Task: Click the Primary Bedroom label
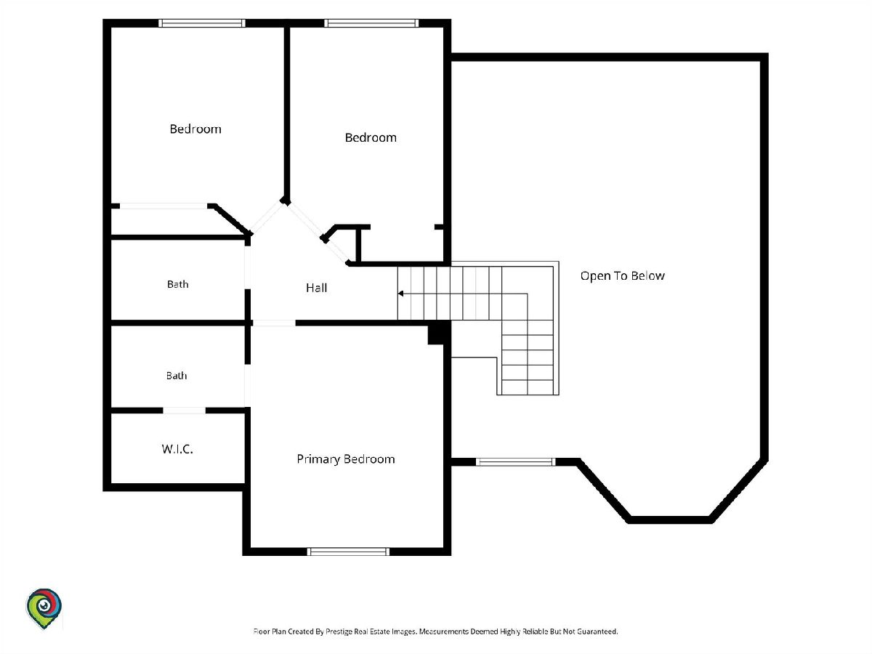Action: point(346,459)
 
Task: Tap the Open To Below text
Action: point(622,276)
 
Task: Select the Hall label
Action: point(316,288)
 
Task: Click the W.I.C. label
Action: point(177,449)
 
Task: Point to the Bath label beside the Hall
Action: point(177,284)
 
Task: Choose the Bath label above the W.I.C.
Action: point(177,376)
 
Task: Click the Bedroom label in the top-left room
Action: point(195,129)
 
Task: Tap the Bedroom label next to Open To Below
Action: point(371,138)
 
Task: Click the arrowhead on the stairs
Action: point(401,294)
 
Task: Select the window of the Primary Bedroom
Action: point(348,552)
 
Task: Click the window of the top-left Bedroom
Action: point(202,23)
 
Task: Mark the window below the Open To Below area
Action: point(515,462)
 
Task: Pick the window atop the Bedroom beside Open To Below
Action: point(371,23)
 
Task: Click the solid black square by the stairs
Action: point(435,334)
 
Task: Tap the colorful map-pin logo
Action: point(44,608)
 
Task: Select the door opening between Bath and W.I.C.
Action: point(185,410)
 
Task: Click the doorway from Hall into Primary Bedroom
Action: point(274,323)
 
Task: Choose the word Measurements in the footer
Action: point(444,631)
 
